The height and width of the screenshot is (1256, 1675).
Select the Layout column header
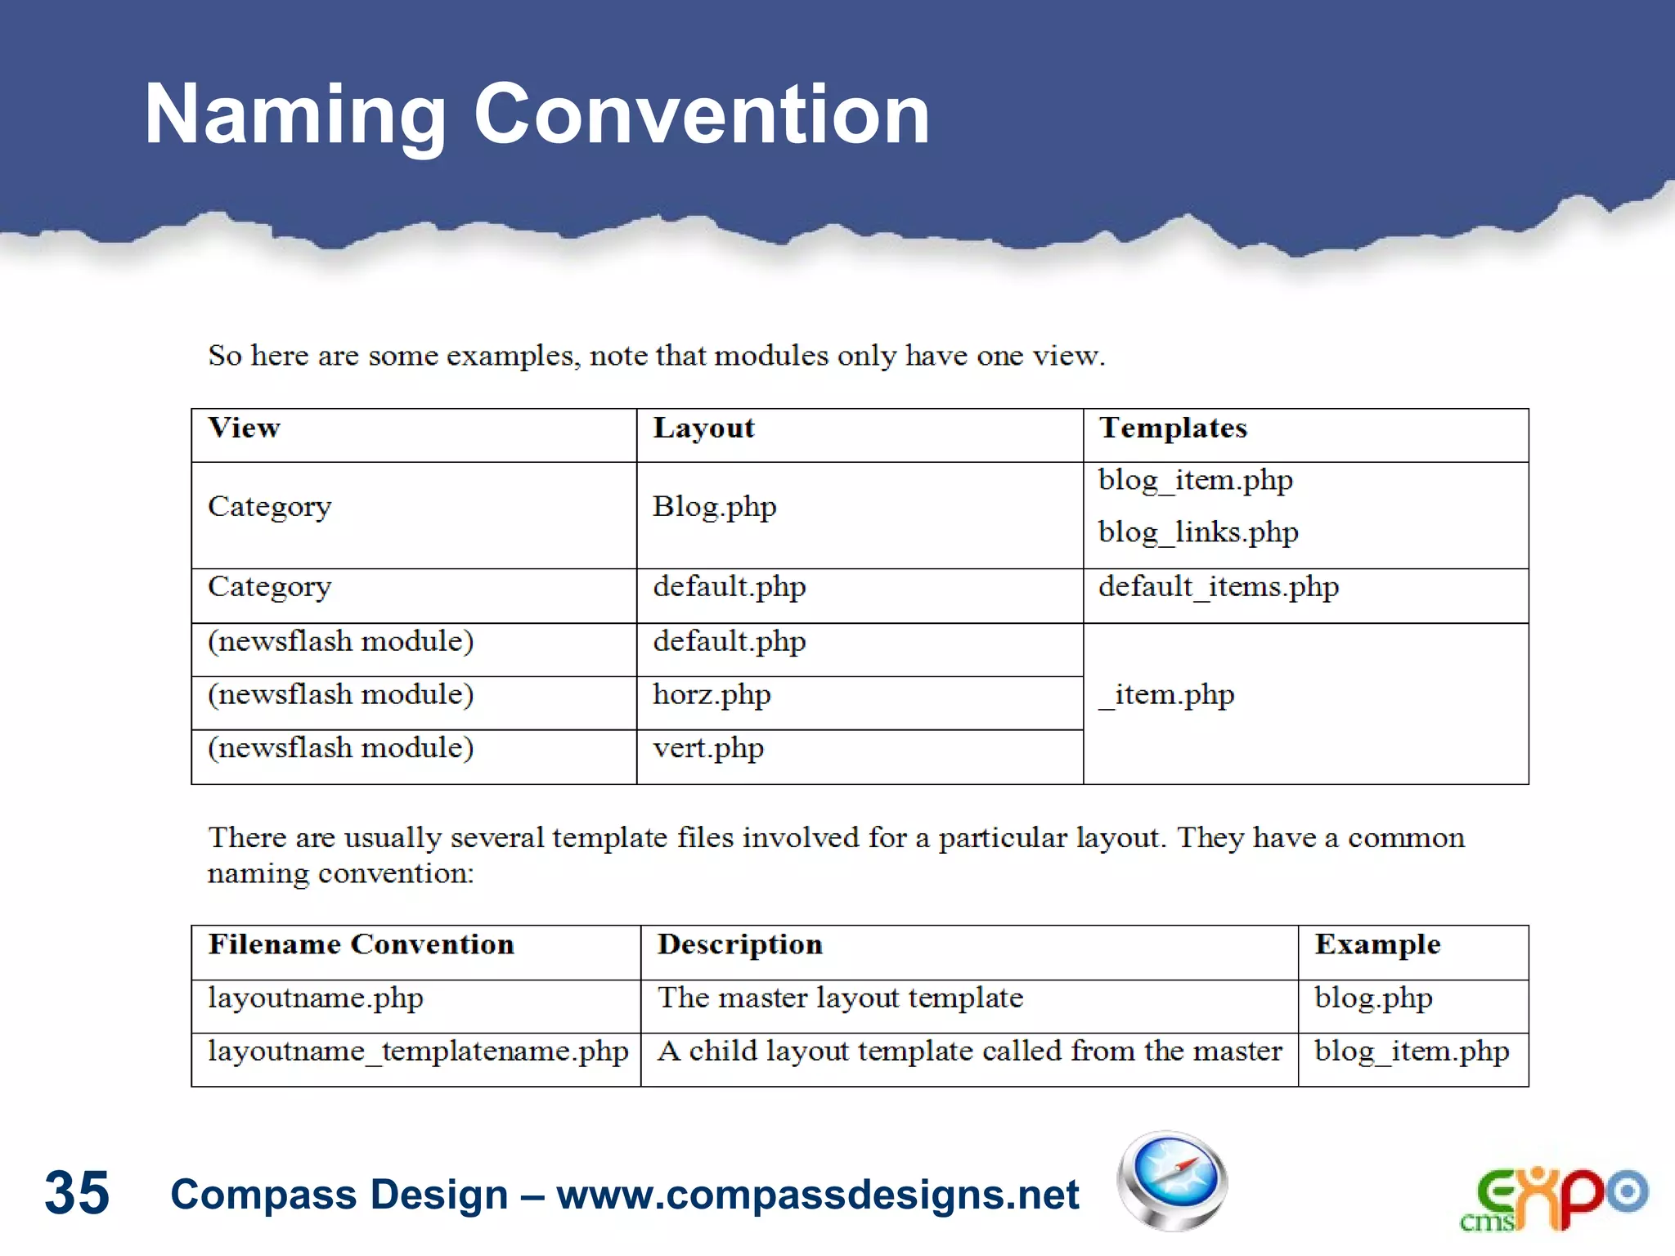tap(703, 428)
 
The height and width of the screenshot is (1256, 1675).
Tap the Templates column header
tap(1173, 428)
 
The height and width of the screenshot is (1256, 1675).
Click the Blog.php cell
tap(714, 507)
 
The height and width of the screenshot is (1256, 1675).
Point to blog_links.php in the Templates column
tap(1198, 532)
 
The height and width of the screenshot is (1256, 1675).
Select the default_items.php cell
tap(1218, 587)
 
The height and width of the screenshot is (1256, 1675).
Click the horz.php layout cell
tap(712, 695)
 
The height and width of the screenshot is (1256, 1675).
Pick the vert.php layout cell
tap(708, 748)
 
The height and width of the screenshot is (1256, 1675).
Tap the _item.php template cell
tap(1167, 695)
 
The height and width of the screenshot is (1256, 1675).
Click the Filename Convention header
tap(361, 944)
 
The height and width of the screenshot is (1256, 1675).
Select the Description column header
tap(739, 944)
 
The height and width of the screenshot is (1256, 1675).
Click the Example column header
tap(1377, 944)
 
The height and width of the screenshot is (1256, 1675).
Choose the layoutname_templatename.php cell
tap(418, 1052)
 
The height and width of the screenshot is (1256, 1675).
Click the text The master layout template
tap(840, 998)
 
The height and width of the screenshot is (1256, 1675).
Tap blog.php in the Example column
tap(1373, 998)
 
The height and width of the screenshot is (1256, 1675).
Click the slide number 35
tap(77, 1193)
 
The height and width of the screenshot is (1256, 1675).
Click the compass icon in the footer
tap(1172, 1181)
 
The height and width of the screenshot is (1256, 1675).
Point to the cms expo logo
tap(1553, 1198)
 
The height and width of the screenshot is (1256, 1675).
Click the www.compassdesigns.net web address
tap(818, 1195)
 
